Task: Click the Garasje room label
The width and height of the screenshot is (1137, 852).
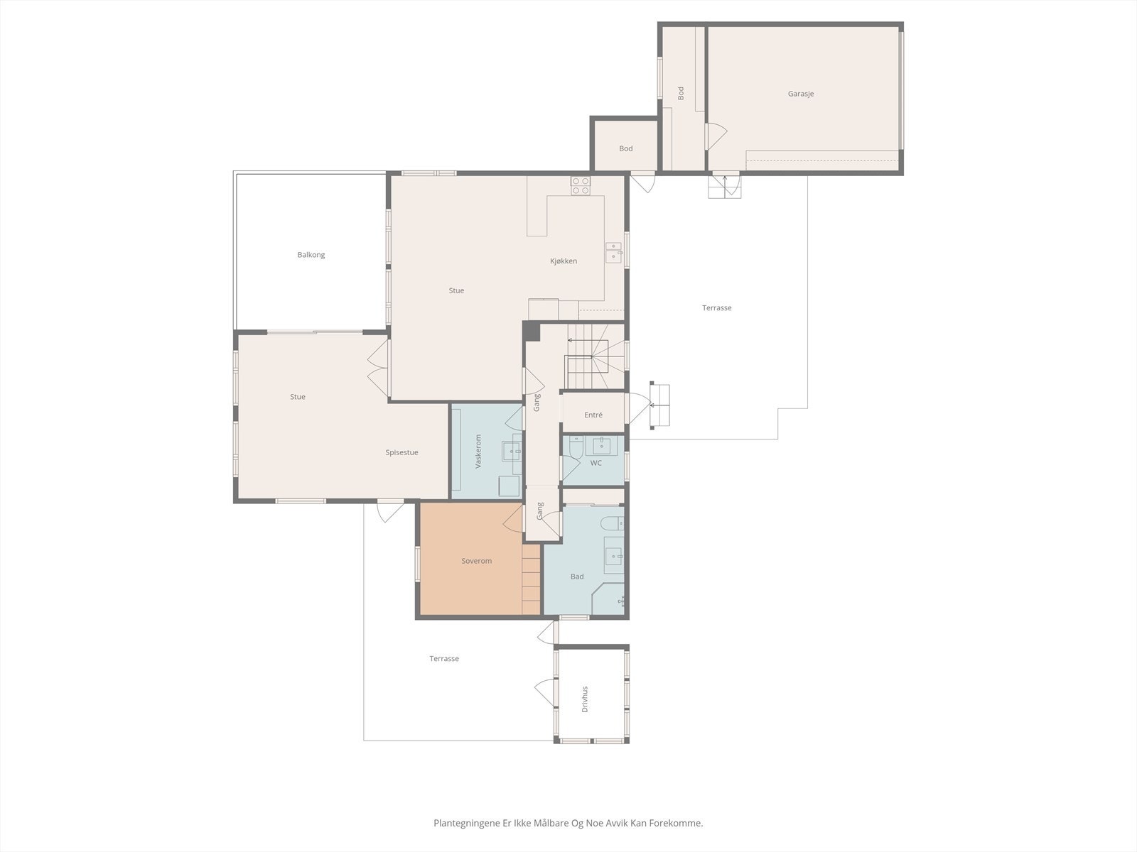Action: click(x=801, y=94)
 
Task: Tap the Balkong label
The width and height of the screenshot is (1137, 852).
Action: click(x=311, y=255)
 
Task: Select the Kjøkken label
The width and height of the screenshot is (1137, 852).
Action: click(x=563, y=261)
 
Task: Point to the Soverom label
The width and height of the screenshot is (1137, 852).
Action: click(x=477, y=561)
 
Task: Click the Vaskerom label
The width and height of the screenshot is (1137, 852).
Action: click(x=478, y=452)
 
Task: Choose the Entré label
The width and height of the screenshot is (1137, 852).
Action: click(x=593, y=415)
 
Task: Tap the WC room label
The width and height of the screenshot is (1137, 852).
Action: click(x=596, y=463)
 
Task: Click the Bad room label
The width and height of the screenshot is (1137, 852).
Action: click(x=577, y=577)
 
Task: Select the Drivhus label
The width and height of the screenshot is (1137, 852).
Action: click(x=585, y=699)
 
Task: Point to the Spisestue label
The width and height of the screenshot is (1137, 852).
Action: click(x=402, y=453)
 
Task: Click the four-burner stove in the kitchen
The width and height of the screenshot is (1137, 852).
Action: click(x=580, y=186)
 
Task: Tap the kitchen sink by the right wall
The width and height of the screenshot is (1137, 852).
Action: click(x=614, y=252)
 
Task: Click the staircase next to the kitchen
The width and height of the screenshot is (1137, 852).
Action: click(x=594, y=356)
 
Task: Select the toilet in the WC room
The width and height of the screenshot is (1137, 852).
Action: click(x=576, y=447)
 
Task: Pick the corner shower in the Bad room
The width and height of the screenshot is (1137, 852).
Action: click(x=608, y=599)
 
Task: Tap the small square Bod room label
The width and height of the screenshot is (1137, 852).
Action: click(x=626, y=149)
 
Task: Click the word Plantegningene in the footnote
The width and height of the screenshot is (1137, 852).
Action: click(x=466, y=823)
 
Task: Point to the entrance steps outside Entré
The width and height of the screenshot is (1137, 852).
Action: click(x=660, y=405)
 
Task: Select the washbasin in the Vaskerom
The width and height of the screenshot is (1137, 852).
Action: click(x=512, y=452)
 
